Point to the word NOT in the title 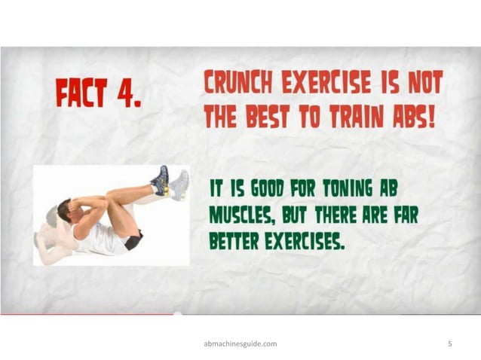424,84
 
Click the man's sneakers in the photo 170,183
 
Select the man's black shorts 133,242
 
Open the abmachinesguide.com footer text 240,343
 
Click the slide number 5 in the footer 449,343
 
